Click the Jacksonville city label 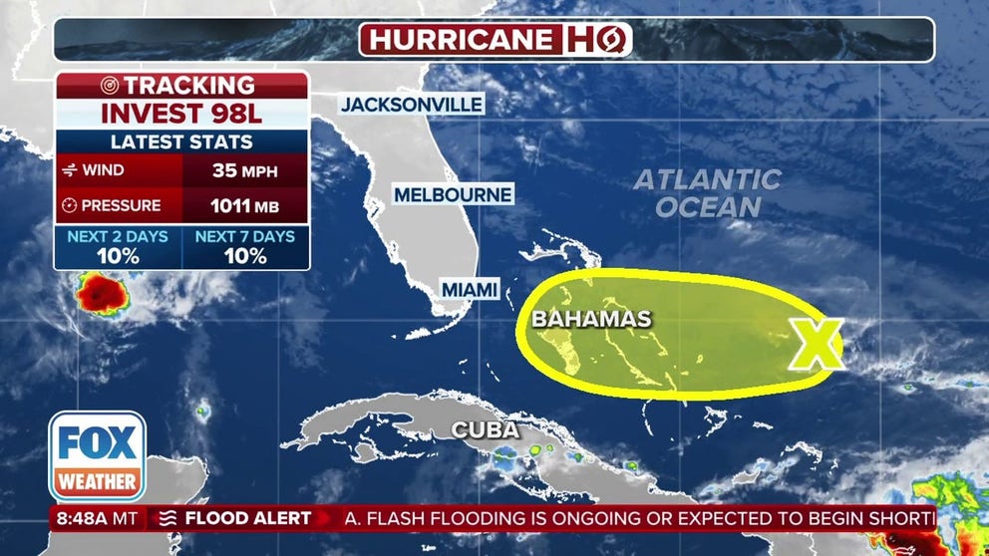(x=412, y=104)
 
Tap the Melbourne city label (x=453, y=194)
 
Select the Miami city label (x=469, y=289)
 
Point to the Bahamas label (x=591, y=319)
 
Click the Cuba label (x=486, y=430)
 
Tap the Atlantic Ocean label (x=707, y=193)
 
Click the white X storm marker (x=817, y=345)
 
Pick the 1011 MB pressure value (x=244, y=206)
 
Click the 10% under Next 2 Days (x=117, y=255)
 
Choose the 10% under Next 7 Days (x=244, y=255)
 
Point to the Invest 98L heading (x=180, y=113)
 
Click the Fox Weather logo (x=97, y=456)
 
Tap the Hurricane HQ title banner (x=495, y=40)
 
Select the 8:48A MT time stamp (x=95, y=518)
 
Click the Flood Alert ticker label (x=235, y=518)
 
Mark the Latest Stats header (x=180, y=142)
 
